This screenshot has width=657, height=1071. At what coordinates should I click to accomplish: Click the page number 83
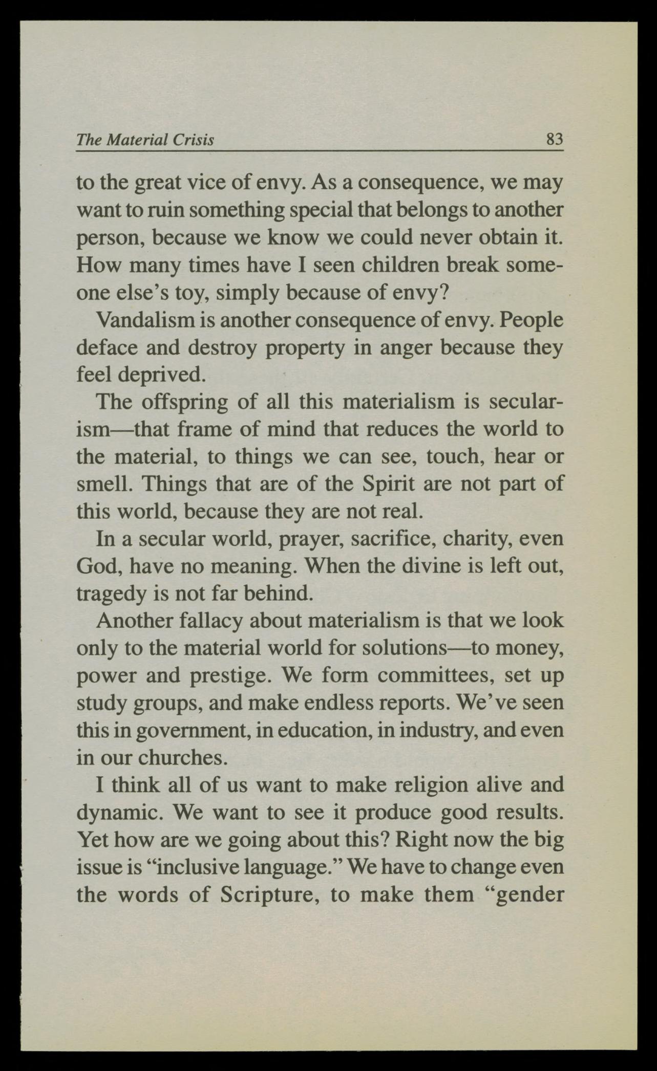pos(554,139)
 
